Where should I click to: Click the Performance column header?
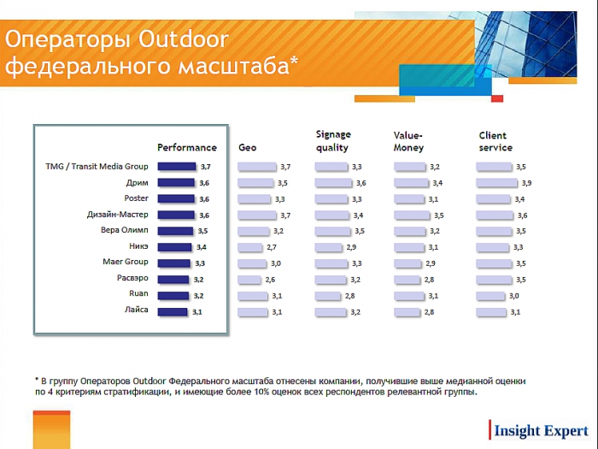pyautogui.click(x=187, y=147)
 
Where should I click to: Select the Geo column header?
pyautogui.click(x=247, y=147)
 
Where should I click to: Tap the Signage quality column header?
pyautogui.click(x=332, y=141)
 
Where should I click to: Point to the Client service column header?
pyautogui.click(x=495, y=141)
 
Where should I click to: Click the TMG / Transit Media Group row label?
pyautogui.click(x=97, y=167)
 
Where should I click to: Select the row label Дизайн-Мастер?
pyautogui.click(x=118, y=215)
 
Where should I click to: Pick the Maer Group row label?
pyautogui.click(x=125, y=263)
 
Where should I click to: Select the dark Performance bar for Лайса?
pyautogui.click(x=173, y=311)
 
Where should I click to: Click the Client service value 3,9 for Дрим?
pyautogui.click(x=527, y=183)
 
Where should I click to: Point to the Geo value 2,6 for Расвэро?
pyautogui.click(x=270, y=280)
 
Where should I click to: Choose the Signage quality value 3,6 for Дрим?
pyautogui.click(x=361, y=183)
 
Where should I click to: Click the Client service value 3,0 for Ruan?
pyautogui.click(x=514, y=296)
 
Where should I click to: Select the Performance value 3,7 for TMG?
pyautogui.click(x=205, y=167)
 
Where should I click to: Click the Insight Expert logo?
pyautogui.click(x=539, y=430)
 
